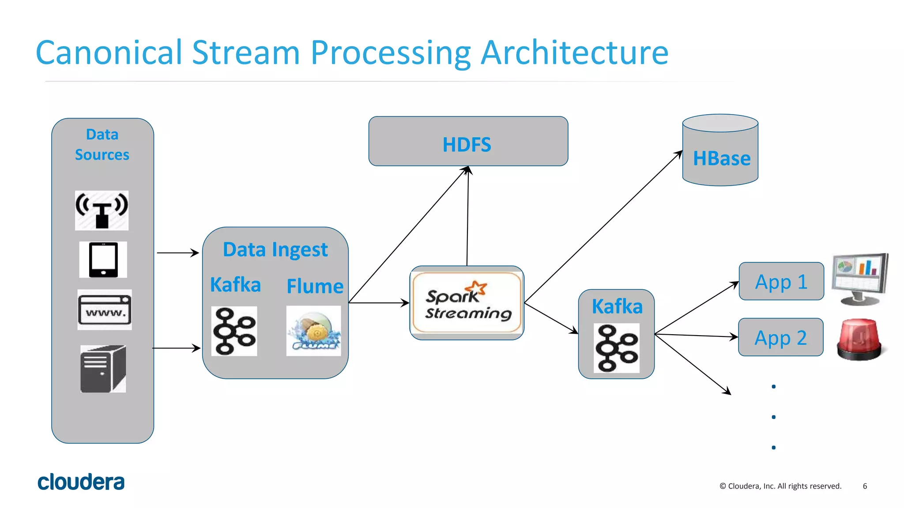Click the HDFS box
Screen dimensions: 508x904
468,142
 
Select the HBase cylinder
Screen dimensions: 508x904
720,152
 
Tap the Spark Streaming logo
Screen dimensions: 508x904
467,303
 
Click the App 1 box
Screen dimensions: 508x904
781,281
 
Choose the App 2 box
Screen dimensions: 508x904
780,337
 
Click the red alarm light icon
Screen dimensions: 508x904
859,340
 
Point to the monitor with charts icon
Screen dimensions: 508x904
860,279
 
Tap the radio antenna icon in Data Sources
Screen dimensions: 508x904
102,210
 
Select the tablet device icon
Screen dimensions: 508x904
103,259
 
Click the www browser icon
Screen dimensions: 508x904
105,310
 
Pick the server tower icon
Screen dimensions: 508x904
103,369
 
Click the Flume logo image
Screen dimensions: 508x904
313,331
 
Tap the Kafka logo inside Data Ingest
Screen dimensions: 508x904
234,331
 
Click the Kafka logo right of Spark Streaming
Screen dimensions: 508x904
616,348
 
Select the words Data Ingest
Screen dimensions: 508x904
275,250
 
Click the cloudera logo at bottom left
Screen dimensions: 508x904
81,482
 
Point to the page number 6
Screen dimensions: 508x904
865,486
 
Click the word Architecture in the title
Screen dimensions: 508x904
574,53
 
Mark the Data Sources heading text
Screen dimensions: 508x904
102,145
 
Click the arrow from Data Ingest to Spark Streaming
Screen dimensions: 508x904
379,303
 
